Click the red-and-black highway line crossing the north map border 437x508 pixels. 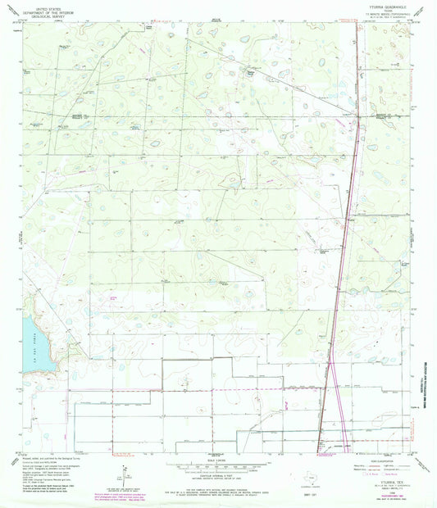356,23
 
